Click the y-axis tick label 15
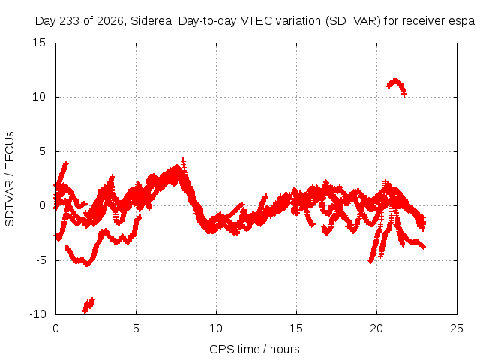click(x=39, y=43)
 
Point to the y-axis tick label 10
click(x=39, y=97)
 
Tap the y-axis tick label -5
click(x=40, y=260)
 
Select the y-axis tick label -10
click(x=37, y=314)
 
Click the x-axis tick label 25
click(x=457, y=328)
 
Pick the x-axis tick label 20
click(x=376, y=328)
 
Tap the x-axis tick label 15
click(x=296, y=328)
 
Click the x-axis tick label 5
click(x=136, y=328)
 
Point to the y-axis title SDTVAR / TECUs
click(x=10, y=179)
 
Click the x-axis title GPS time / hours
click(x=254, y=349)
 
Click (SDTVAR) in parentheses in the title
click(x=353, y=21)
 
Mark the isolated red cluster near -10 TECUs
click(x=88, y=305)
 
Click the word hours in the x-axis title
click(x=285, y=349)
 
